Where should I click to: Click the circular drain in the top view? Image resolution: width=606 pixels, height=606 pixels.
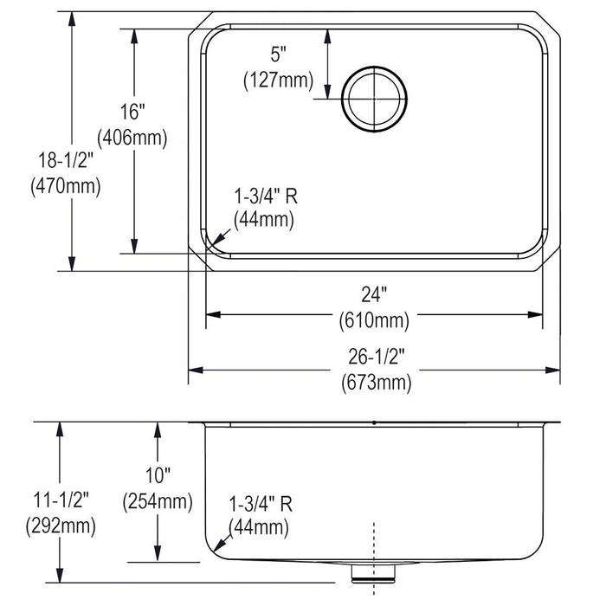[374, 99]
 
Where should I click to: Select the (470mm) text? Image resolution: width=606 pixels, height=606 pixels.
[66, 184]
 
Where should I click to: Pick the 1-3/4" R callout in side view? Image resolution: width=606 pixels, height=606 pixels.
[260, 503]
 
